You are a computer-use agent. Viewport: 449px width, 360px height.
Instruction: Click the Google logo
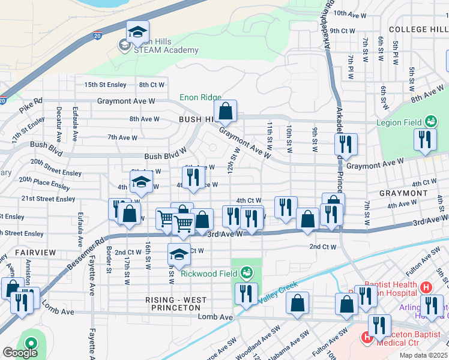click(x=20, y=353)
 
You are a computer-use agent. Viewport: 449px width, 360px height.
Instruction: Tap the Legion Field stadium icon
click(x=430, y=122)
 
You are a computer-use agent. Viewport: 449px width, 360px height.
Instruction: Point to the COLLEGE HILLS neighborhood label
click(x=418, y=29)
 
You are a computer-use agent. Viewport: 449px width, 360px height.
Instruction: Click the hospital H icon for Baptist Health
click(x=427, y=287)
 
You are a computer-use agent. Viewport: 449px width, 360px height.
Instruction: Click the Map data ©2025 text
click(x=424, y=355)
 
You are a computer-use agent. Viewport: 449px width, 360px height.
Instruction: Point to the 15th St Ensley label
click(x=106, y=85)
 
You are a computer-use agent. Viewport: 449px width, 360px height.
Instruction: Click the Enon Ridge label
click(x=200, y=97)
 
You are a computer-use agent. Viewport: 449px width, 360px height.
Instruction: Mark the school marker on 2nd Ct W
click(x=179, y=254)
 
